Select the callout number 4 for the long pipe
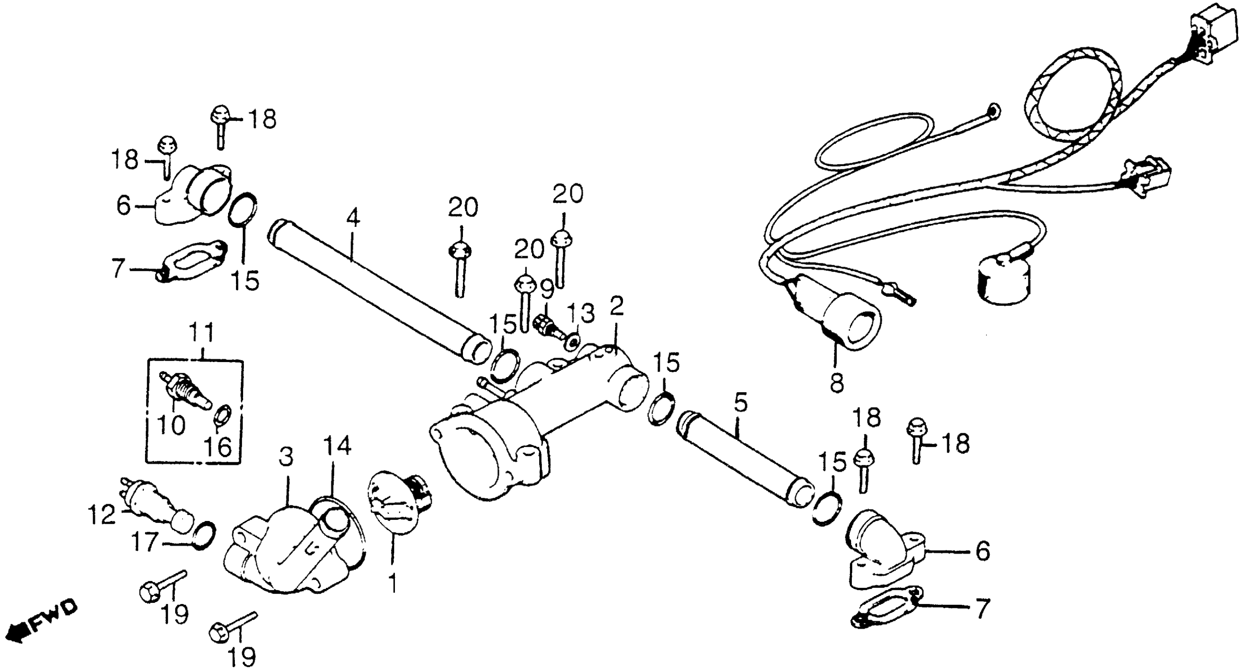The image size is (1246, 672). click(353, 219)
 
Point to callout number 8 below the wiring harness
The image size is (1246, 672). click(837, 383)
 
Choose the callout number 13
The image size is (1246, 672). click(580, 313)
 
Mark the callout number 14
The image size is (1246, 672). click(337, 446)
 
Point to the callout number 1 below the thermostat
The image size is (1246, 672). click(393, 583)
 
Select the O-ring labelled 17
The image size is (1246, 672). click(203, 535)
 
